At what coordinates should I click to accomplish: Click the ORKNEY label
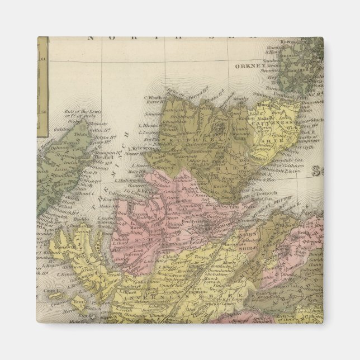[x=249, y=65]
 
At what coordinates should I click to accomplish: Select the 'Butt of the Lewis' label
[x=83, y=113]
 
